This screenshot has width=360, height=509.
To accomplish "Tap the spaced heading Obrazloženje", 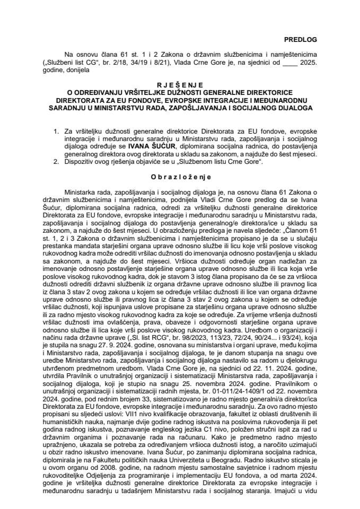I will (180, 175).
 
